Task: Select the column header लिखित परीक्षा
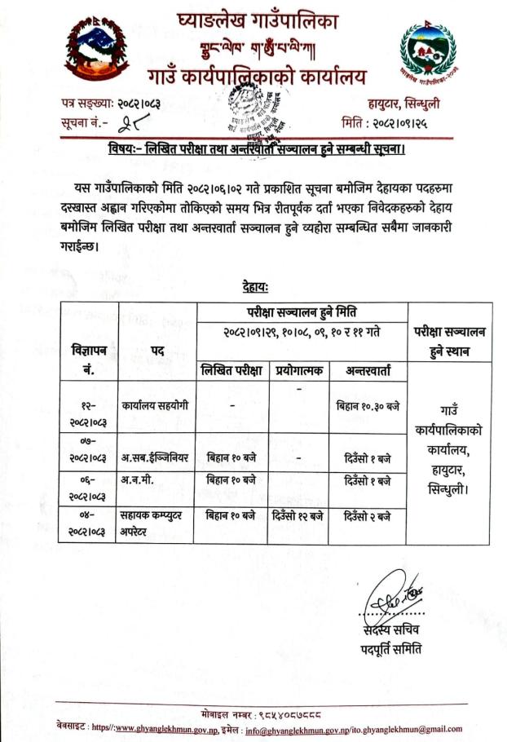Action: pos(231,370)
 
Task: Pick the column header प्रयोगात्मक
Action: pos(298,370)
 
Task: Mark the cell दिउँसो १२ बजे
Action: pos(298,515)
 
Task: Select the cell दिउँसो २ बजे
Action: pos(368,515)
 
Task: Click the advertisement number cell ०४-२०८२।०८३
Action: pos(89,522)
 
